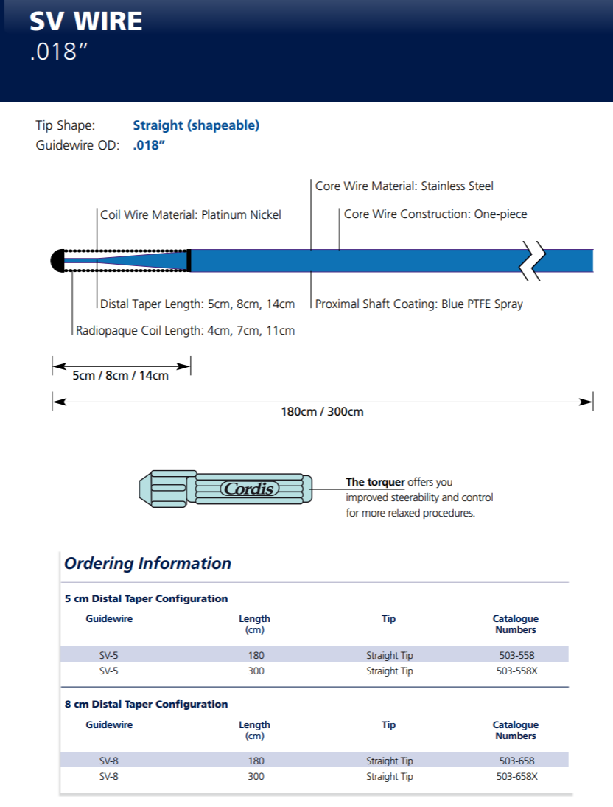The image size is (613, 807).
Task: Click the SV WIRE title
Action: coord(86,21)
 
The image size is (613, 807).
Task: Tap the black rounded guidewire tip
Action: coord(57,260)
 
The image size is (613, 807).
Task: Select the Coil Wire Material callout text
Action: coord(191,215)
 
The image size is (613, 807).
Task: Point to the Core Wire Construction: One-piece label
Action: coord(435,214)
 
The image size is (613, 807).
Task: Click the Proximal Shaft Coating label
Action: coord(418,304)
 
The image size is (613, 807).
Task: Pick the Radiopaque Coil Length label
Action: coord(185,331)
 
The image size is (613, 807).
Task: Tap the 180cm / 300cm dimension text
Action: coord(322,411)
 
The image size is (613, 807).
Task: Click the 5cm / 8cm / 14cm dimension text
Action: coord(120,375)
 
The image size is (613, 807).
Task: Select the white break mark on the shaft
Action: coord(533,260)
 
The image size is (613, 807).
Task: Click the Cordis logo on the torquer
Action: coord(248,489)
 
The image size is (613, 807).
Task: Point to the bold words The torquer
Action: coord(375,482)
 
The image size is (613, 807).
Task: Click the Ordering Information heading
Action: coord(147,564)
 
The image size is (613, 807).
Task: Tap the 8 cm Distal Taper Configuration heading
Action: coord(147,704)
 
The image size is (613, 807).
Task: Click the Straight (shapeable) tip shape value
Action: coord(196,125)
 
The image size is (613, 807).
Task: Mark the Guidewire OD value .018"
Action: coord(148,145)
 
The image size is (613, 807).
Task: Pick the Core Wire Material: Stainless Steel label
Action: coord(404,186)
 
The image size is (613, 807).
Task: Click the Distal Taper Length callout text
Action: coord(197,304)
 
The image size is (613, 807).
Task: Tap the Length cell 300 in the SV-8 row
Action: coord(256,776)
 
